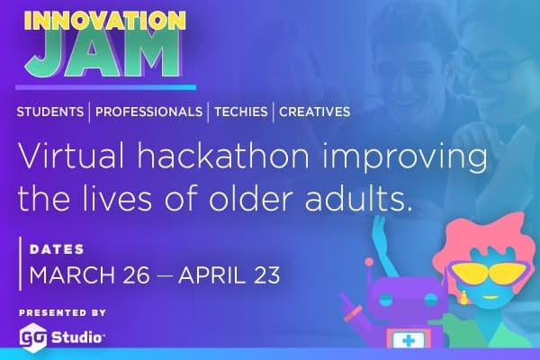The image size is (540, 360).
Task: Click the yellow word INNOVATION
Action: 105,22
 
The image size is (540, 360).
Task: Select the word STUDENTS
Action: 50,112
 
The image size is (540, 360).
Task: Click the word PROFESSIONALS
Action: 148,112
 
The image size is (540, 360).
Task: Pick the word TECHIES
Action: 240,112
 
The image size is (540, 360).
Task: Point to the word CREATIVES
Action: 314,112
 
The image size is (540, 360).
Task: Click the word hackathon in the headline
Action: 223,157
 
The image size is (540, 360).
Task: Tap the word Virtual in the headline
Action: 71,157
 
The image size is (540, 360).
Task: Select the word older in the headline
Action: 251,199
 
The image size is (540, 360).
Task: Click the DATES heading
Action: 57,249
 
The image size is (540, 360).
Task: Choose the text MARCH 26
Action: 89,274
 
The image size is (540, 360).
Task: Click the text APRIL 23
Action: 229,274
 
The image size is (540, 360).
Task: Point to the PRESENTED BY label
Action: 62,313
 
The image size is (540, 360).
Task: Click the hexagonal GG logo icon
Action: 32,337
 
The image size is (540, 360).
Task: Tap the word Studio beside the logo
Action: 76,337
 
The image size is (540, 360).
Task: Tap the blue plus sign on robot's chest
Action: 409,341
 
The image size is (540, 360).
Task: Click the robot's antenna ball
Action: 369,262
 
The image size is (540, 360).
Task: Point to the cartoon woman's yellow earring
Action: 463,298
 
